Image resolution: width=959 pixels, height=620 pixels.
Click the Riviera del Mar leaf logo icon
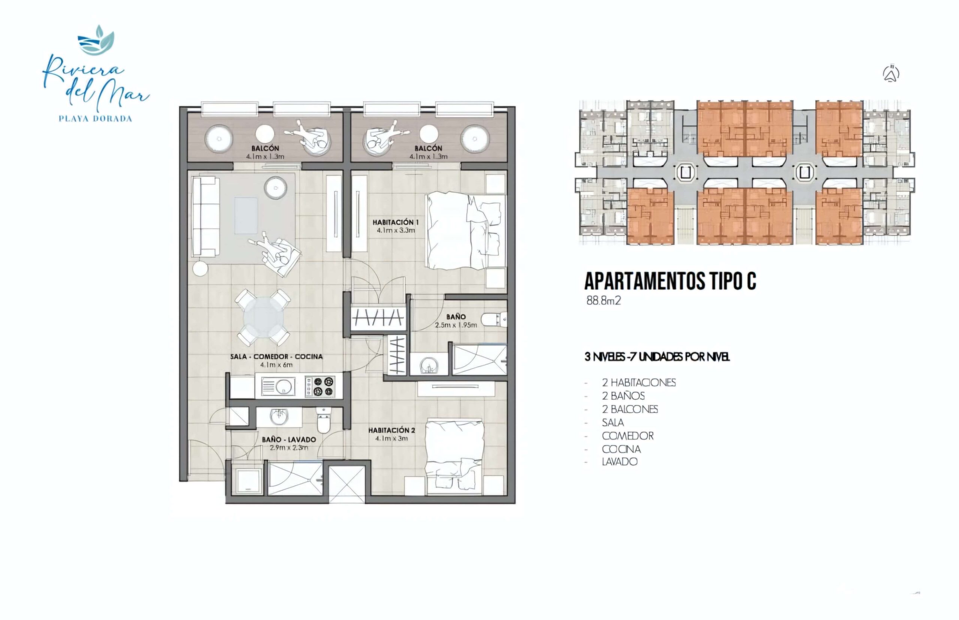(x=96, y=40)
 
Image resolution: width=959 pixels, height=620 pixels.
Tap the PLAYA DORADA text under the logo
(x=96, y=119)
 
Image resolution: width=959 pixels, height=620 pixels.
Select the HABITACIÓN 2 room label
(x=392, y=430)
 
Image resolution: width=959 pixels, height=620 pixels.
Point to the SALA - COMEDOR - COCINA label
(x=276, y=357)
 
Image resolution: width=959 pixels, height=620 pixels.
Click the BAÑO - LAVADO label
(x=289, y=440)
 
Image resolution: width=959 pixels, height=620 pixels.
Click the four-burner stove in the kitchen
(x=320, y=386)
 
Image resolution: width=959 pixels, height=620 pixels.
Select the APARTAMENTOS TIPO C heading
(x=670, y=282)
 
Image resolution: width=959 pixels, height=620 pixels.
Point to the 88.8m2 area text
(x=603, y=301)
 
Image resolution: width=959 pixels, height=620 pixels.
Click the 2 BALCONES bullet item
(x=630, y=409)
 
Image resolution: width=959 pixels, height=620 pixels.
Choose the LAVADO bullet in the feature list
(x=620, y=461)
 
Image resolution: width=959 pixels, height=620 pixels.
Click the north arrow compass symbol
(x=892, y=74)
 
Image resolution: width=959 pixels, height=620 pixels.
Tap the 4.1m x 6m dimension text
(x=276, y=365)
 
